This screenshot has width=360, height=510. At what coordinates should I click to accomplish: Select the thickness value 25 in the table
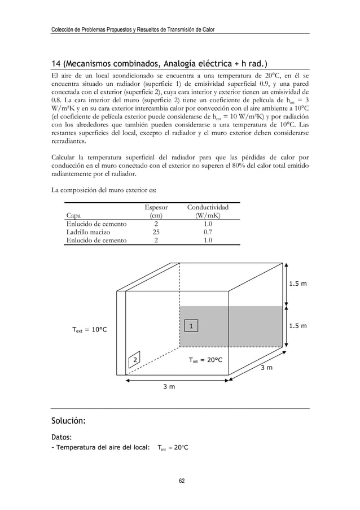point(156,232)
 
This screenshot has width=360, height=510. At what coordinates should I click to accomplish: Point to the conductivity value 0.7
point(208,232)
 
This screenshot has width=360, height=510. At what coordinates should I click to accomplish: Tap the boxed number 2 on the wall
point(134,360)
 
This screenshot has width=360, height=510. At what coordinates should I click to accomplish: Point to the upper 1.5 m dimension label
point(297,284)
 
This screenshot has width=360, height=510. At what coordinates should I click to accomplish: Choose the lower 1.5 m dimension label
point(297,326)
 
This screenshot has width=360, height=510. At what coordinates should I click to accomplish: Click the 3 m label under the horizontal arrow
point(168,387)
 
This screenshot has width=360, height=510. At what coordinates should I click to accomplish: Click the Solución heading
point(69,421)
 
